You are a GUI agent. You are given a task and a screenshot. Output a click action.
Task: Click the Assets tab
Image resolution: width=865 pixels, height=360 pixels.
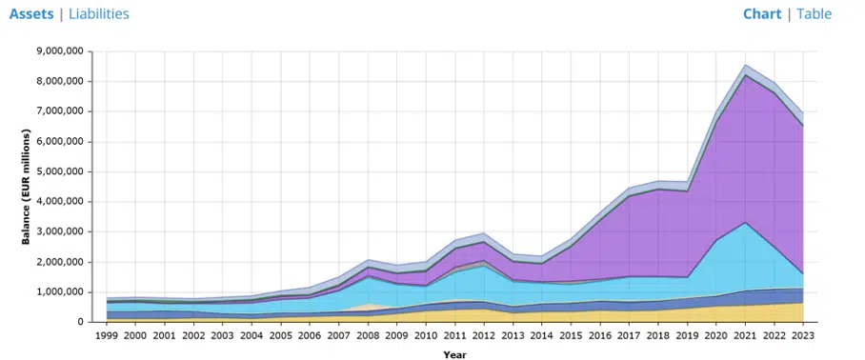point(31,14)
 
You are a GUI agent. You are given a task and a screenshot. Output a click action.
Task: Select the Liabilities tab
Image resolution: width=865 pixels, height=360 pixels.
point(99,14)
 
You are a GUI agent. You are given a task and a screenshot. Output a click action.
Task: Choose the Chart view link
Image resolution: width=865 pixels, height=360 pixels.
point(761,14)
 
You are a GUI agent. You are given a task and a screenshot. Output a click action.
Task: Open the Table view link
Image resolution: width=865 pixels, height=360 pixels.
point(814,14)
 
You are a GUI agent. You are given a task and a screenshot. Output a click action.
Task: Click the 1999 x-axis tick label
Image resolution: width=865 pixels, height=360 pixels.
point(107,334)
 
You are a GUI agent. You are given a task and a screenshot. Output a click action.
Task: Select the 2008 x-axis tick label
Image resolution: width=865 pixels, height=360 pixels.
point(368,334)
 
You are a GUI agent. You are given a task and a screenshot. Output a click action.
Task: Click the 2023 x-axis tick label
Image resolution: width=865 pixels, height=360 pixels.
point(803,334)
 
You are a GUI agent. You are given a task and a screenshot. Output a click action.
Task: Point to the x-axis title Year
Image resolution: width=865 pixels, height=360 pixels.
point(455,353)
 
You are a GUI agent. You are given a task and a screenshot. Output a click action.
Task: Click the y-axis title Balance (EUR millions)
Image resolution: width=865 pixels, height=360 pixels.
point(28,187)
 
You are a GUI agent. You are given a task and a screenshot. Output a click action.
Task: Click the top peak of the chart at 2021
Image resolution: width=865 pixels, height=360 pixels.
point(745,65)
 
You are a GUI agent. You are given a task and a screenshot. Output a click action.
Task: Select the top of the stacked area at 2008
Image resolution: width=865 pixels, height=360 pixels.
point(368,259)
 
